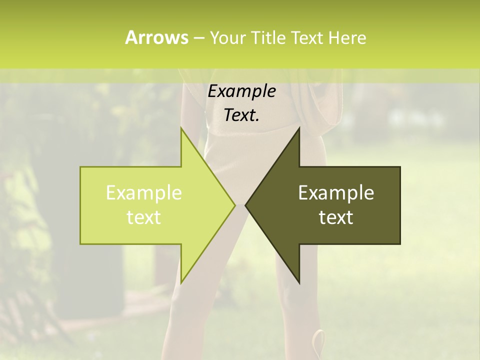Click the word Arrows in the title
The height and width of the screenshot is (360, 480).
156,37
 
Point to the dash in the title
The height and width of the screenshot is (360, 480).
198,38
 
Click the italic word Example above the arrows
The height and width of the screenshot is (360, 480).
241,91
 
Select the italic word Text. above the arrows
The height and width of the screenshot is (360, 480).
241,115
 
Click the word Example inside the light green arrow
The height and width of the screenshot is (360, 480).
144,192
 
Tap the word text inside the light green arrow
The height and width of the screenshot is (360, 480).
144,217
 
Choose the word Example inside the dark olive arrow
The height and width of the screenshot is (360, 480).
336,192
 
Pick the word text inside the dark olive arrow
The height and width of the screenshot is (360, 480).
336,217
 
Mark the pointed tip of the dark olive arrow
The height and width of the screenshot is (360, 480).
246,205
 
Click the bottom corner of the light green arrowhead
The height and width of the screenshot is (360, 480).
181,282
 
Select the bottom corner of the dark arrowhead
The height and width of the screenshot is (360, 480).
299,282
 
